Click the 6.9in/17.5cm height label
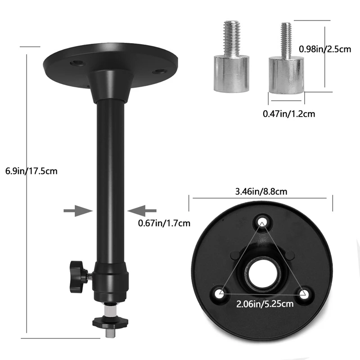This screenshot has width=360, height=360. pos(31,171)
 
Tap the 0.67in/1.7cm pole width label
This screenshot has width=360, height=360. pos(164,223)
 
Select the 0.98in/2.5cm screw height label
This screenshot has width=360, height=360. pos(325,49)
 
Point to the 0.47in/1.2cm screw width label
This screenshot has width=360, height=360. pos(289,114)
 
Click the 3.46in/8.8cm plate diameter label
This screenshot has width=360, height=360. pos(261,191)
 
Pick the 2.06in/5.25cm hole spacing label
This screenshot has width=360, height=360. pos(265,304)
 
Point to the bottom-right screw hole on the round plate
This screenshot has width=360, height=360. pos(304,294)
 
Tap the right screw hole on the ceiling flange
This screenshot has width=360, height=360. pos(157,72)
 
